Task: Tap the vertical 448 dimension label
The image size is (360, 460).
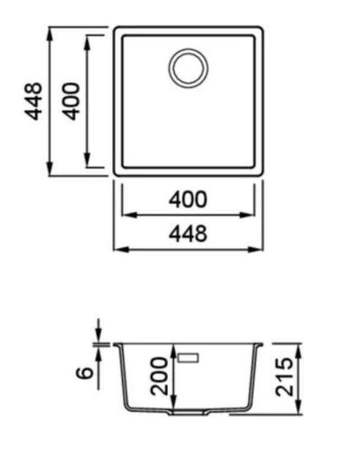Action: click(x=33, y=101)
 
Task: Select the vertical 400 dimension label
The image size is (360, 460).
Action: click(x=72, y=101)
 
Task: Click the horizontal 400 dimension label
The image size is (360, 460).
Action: click(x=188, y=199)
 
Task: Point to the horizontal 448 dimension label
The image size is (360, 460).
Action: click(x=188, y=233)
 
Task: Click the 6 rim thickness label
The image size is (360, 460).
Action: click(x=85, y=373)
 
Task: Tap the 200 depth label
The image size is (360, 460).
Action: click(x=159, y=376)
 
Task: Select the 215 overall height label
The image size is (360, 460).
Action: click(x=284, y=377)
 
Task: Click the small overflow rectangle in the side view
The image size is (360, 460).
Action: click(x=188, y=358)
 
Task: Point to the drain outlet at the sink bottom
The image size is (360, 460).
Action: click(x=188, y=412)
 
